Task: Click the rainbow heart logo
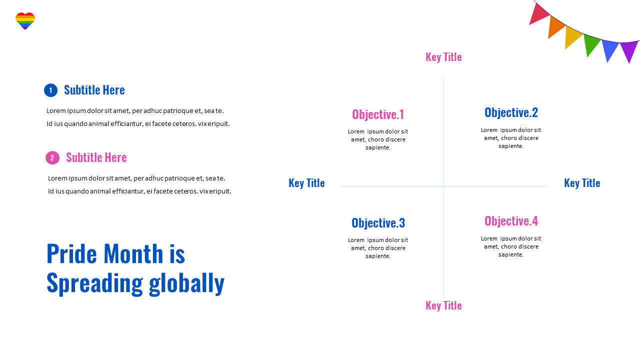click(x=25, y=20)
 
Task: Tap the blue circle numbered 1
click(x=50, y=90)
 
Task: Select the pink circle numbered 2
click(x=52, y=158)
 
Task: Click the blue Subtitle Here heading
click(x=94, y=90)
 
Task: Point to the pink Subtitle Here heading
click(x=96, y=157)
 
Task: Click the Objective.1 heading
click(x=378, y=114)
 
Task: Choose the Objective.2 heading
click(x=511, y=112)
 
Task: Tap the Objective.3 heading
click(x=378, y=223)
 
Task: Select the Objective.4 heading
click(x=511, y=221)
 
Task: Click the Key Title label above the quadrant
click(x=443, y=57)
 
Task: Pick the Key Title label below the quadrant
click(x=443, y=305)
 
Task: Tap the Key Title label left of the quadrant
click(x=306, y=183)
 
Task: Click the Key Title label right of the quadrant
click(x=582, y=183)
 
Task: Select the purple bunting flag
click(x=628, y=50)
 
